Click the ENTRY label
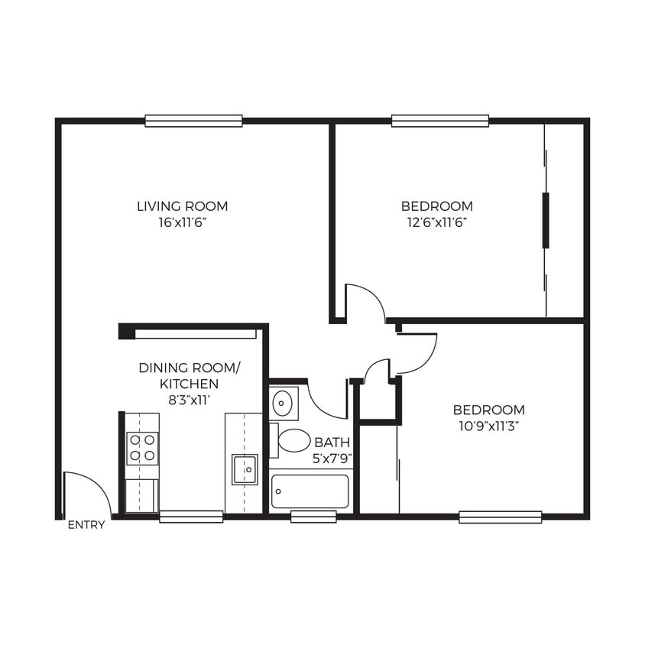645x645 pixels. click(86, 525)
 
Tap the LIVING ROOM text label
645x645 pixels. click(182, 206)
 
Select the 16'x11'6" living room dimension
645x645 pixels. click(182, 222)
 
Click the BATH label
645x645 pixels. click(332, 442)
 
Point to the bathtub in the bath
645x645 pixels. click(310, 491)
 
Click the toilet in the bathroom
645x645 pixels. click(293, 439)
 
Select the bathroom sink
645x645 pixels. click(284, 402)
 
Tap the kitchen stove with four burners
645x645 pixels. click(142, 448)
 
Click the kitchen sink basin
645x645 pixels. click(245, 468)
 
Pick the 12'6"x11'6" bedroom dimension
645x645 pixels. click(436, 222)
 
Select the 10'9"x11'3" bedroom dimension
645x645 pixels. click(488, 426)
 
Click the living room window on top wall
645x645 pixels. click(193, 121)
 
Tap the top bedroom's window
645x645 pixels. click(440, 121)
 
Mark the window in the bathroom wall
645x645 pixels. click(313, 517)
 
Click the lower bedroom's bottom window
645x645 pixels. click(501, 517)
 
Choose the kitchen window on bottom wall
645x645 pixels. click(191, 517)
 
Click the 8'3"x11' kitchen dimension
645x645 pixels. click(189, 400)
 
